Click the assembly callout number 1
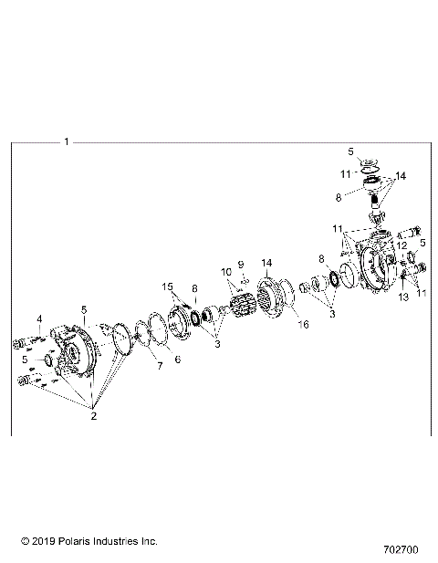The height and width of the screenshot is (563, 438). click(68, 141)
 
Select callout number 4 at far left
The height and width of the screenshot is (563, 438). click(40, 318)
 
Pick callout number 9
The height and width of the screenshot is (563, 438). click(242, 265)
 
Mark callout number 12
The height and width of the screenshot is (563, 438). click(401, 245)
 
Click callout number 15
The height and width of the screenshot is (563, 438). click(167, 287)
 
